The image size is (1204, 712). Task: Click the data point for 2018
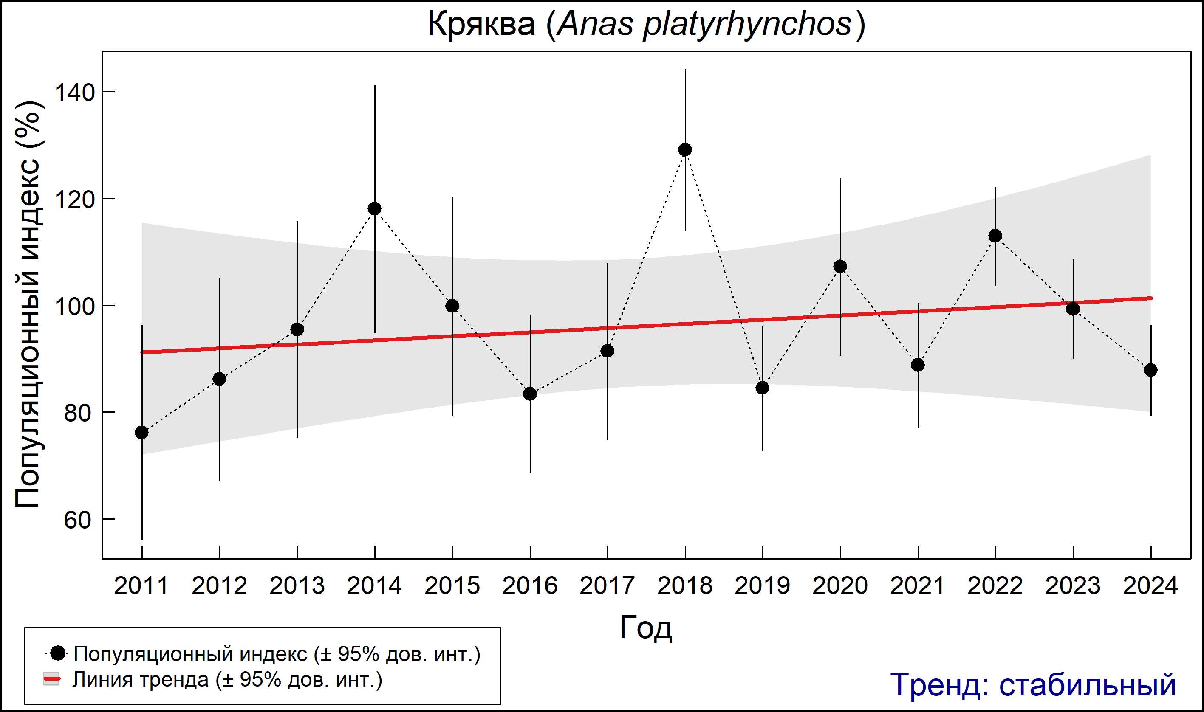[x=685, y=150]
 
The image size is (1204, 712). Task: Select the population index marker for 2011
[x=142, y=432]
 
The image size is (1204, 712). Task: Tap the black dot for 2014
[x=374, y=209]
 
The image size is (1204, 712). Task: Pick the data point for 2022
[x=995, y=236]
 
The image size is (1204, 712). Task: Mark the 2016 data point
[x=530, y=394]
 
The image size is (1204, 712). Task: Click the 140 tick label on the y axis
[x=74, y=92]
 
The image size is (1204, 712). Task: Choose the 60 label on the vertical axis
[x=77, y=520]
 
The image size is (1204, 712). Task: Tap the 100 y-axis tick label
[x=74, y=306]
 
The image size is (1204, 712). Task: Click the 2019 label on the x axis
[x=762, y=586]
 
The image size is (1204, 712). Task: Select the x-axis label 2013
[x=297, y=586]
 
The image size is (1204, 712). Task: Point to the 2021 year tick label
[x=917, y=586]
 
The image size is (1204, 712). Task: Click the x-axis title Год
[x=646, y=628]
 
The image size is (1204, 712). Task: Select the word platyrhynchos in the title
[x=746, y=24]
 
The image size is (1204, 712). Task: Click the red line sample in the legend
[x=52, y=679]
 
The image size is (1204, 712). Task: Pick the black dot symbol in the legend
[x=58, y=653]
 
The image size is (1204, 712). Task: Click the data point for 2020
[x=840, y=266]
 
